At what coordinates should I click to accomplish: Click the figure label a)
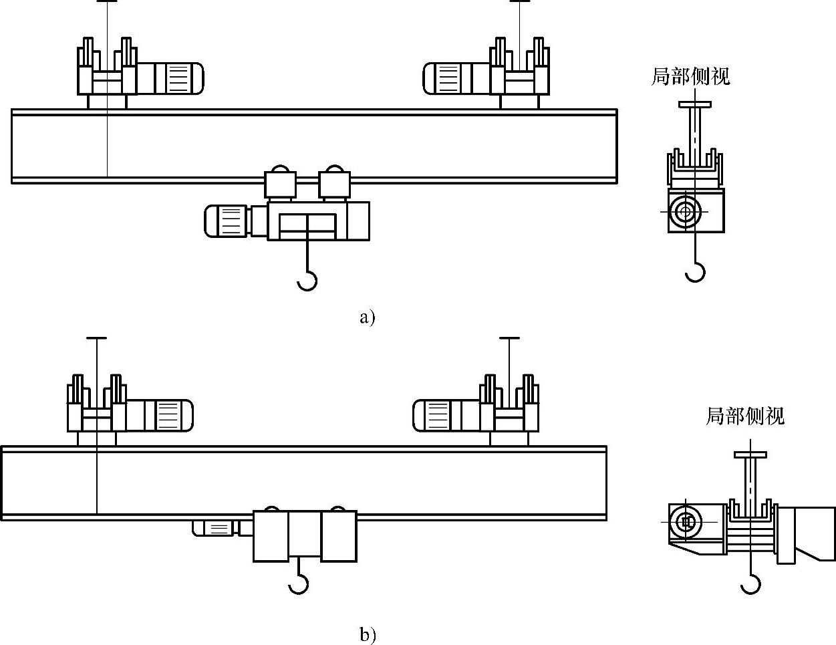(x=368, y=317)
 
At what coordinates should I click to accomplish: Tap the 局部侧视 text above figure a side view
(x=691, y=77)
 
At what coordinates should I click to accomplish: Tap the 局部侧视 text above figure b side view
(x=745, y=416)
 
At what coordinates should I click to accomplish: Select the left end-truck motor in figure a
(x=170, y=78)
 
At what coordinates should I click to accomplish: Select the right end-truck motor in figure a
(x=456, y=78)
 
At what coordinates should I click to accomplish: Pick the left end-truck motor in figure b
(x=160, y=416)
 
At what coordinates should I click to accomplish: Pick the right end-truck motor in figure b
(x=446, y=416)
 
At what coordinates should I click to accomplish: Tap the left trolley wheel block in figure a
(x=280, y=184)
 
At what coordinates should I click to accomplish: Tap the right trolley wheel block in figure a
(x=334, y=184)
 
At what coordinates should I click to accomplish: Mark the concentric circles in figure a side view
(x=685, y=211)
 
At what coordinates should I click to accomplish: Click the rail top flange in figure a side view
(x=695, y=104)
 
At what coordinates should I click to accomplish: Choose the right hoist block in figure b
(x=339, y=537)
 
